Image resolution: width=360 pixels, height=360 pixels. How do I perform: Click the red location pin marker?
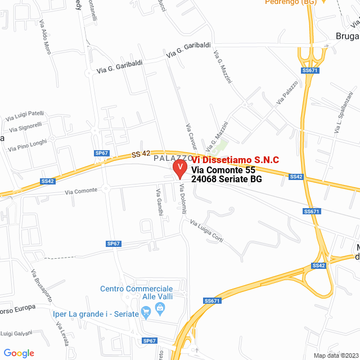point(179,168)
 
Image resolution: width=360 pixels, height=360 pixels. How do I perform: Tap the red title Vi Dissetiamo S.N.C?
point(235,160)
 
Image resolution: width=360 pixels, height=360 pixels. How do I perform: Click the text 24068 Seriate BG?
point(227,179)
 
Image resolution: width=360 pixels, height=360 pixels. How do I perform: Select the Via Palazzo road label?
point(287,93)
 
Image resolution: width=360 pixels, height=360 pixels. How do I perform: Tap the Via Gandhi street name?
point(159,201)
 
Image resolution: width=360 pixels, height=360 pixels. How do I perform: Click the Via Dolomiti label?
point(183,200)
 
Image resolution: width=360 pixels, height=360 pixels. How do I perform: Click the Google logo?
point(19,353)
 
